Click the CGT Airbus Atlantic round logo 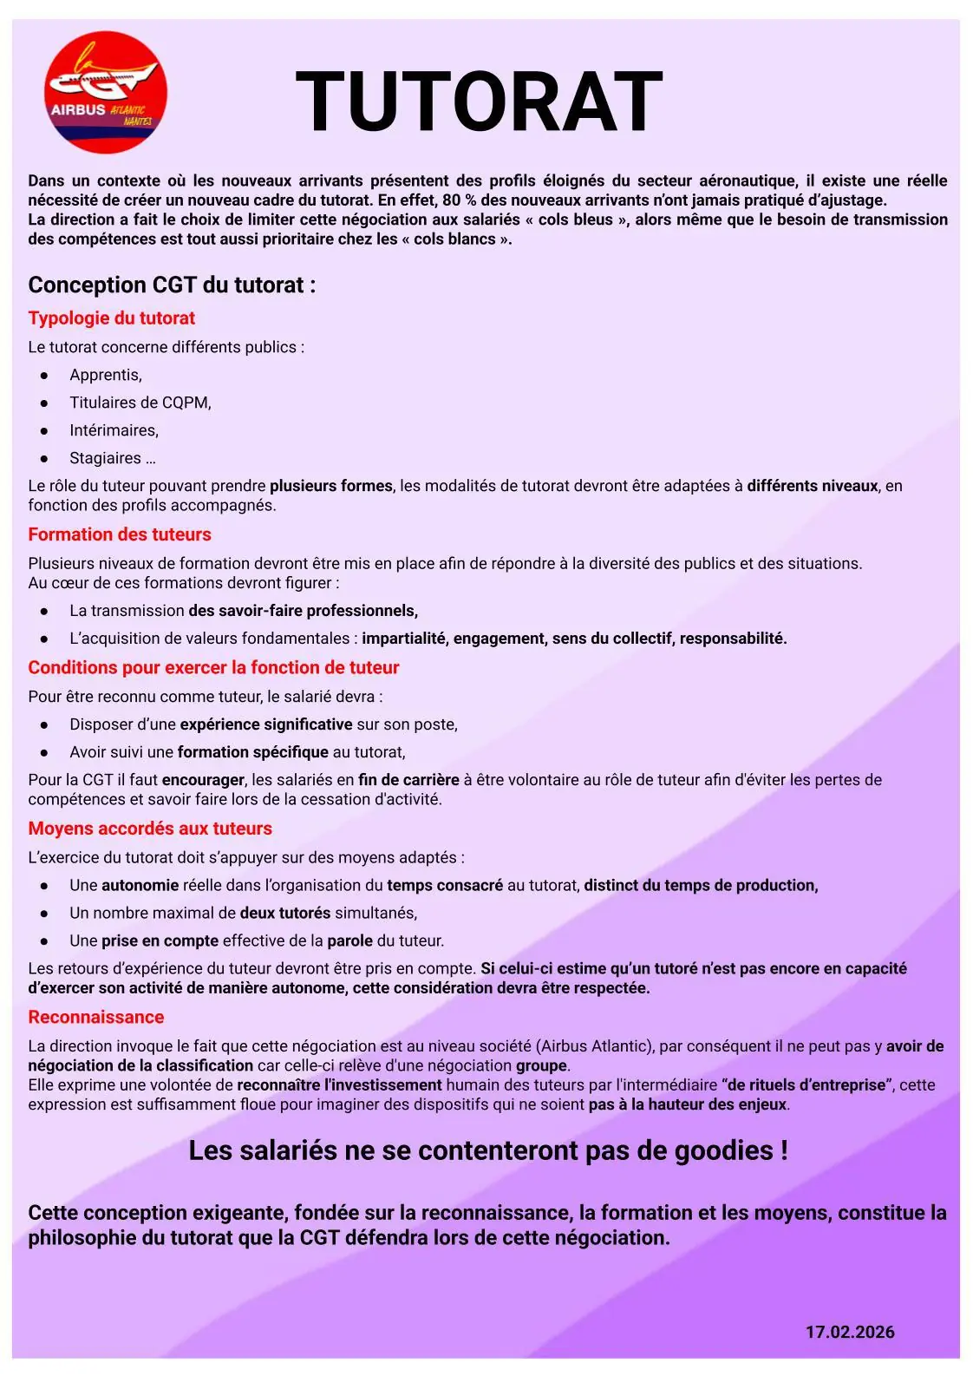pyautogui.click(x=105, y=93)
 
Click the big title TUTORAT pyautogui.click(x=479, y=102)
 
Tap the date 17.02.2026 pyautogui.click(x=849, y=1332)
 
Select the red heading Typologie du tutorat pyautogui.click(x=111, y=318)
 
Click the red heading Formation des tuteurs pyautogui.click(x=120, y=534)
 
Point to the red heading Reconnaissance pyautogui.click(x=95, y=1017)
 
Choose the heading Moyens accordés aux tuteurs pyautogui.click(x=150, y=829)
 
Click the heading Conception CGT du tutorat pyautogui.click(x=172, y=285)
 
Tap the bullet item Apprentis pyautogui.click(x=106, y=375)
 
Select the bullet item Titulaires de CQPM pyautogui.click(x=140, y=403)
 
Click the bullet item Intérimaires pyautogui.click(x=114, y=430)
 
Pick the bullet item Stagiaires pyautogui.click(x=112, y=458)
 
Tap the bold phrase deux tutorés pyautogui.click(x=284, y=913)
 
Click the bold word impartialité pyautogui.click(x=404, y=639)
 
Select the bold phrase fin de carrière pyautogui.click(x=408, y=780)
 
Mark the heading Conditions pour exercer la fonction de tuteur pyautogui.click(x=213, y=668)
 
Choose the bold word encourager pyautogui.click(x=204, y=780)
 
